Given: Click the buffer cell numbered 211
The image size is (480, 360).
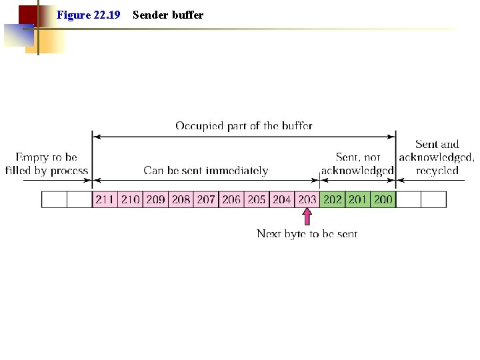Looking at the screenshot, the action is [x=105, y=199].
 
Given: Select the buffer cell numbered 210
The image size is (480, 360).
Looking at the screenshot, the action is [x=130, y=199].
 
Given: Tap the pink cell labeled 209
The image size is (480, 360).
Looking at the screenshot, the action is [x=155, y=199].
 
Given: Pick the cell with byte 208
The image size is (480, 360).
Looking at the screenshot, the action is [x=181, y=199].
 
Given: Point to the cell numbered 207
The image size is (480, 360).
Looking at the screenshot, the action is [x=206, y=199].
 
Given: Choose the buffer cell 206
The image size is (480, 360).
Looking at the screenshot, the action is [x=231, y=199].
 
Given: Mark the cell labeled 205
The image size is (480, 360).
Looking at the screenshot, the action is [x=257, y=199].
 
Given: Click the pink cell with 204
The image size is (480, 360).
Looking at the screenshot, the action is [x=282, y=199].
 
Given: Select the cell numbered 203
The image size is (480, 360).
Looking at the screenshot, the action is [x=307, y=199].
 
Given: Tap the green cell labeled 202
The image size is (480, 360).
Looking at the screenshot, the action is [x=332, y=199].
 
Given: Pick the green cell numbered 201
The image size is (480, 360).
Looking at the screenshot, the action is [x=357, y=199].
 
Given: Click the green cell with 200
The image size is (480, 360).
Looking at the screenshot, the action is [x=383, y=199].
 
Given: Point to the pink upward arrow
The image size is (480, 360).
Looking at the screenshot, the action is [x=307, y=217].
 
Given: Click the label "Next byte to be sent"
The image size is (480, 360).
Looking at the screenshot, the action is [x=307, y=233].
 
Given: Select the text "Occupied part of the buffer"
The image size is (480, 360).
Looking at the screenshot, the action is [x=244, y=125].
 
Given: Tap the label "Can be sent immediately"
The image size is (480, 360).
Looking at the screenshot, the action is [x=206, y=171].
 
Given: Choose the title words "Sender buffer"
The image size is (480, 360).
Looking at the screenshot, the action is [x=168, y=15].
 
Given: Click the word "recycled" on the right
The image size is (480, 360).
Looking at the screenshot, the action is [x=437, y=171].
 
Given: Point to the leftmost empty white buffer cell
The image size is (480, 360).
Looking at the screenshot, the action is [x=54, y=199].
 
